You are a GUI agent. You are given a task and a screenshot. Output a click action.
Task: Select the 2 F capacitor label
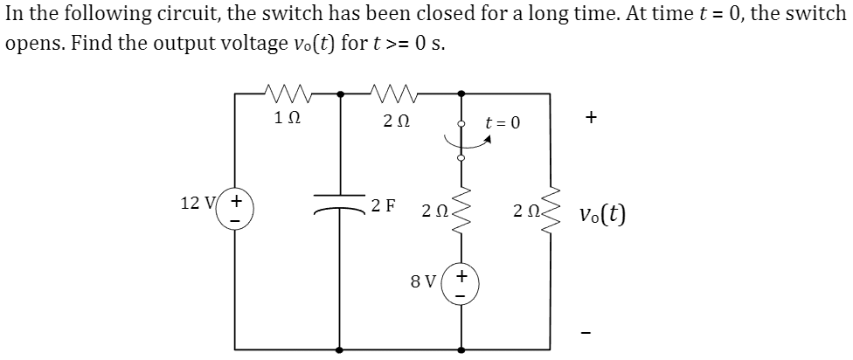tap(383, 206)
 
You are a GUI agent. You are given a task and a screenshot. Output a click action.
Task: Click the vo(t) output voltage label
tap(602, 214)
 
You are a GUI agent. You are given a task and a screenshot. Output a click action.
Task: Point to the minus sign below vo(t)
tap(593, 331)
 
